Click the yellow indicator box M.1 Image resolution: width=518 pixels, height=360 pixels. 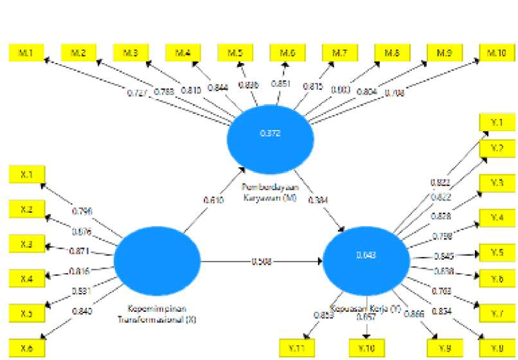25,53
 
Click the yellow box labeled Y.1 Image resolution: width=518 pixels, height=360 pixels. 496,122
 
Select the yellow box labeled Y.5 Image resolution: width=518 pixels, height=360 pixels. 496,253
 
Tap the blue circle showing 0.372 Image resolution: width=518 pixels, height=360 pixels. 270,134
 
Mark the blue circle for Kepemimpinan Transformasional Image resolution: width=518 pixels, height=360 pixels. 157,260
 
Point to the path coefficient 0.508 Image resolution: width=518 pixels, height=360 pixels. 262,261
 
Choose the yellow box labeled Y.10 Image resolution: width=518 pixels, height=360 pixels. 366,348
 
